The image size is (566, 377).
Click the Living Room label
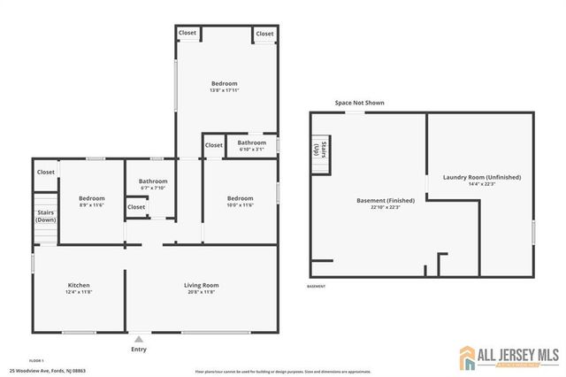coord(201,285)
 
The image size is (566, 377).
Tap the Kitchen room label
coord(79,285)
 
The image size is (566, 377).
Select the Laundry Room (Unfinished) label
coord(482,177)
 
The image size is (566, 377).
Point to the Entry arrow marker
coord(138,338)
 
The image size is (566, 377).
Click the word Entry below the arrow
coord(138,349)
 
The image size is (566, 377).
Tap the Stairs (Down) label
coord(45,216)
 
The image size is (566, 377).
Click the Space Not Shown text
coord(359,104)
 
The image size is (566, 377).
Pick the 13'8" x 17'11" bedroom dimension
coord(224,90)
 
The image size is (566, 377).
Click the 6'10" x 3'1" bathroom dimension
coord(251,149)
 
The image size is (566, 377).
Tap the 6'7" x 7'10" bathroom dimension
coord(153,188)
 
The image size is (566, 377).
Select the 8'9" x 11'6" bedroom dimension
coord(91,205)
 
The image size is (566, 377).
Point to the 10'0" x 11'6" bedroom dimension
coord(240,205)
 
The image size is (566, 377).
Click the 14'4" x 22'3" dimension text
coord(482,184)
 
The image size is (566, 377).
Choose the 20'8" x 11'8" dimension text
coord(201,292)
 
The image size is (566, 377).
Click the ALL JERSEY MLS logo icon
coord(468,358)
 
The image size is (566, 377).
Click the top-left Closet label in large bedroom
coord(187,33)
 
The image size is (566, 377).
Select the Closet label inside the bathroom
coord(136,207)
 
